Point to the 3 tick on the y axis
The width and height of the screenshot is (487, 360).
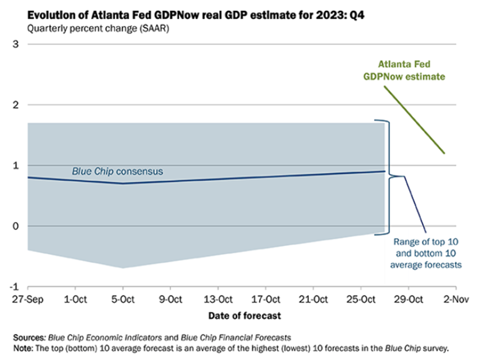tap(15, 45)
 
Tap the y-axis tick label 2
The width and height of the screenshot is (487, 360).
tap(15, 105)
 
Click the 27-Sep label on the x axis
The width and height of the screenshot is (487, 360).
tap(27, 300)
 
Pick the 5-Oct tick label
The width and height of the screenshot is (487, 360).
tap(123, 300)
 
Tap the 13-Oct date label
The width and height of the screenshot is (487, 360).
tap(218, 300)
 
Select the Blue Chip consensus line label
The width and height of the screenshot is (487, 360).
tap(118, 172)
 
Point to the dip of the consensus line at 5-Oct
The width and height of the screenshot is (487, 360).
tap(123, 183)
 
